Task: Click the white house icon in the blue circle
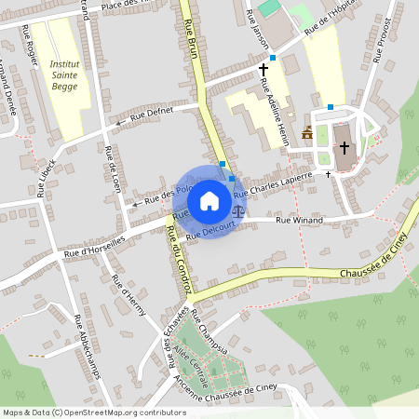point(209,201)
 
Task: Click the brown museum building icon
point(307,133)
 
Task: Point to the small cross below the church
point(328,173)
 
